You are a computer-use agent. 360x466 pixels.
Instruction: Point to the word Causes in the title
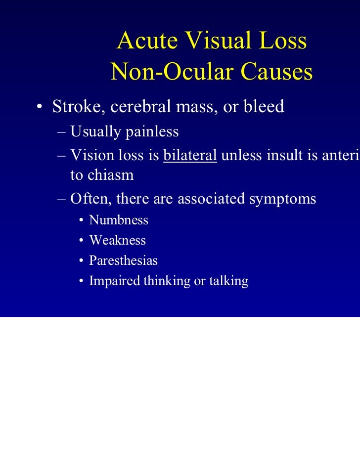coord(276,73)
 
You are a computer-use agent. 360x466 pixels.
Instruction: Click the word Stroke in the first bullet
coord(76,106)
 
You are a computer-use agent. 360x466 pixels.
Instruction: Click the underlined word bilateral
coord(190,155)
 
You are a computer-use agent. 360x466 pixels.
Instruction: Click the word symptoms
coord(281,199)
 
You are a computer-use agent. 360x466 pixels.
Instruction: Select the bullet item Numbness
coord(119,220)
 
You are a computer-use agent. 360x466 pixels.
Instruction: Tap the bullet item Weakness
coord(117,241)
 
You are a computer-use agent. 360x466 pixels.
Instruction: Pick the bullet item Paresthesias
coord(123,261)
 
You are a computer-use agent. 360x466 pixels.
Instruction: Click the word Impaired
coord(114,281)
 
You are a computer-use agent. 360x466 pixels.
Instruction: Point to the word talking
coord(228,281)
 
